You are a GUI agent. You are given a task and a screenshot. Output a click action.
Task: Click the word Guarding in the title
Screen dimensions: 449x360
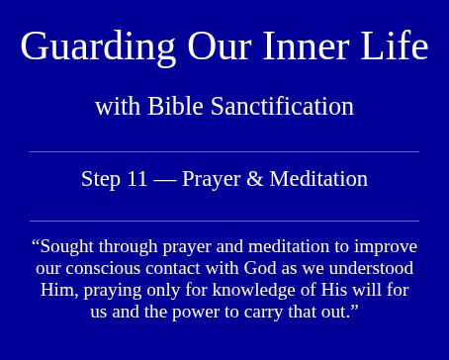point(98,47)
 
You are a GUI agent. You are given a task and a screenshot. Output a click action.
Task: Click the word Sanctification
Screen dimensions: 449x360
point(282,106)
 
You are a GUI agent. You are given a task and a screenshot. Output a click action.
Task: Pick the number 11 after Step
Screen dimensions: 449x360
point(136,179)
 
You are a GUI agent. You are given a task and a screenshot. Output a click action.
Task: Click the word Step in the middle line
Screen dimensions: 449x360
point(101,180)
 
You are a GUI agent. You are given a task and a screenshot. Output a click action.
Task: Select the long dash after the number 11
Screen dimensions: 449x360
point(164,181)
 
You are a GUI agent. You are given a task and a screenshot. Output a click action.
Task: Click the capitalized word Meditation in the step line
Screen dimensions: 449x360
point(318,179)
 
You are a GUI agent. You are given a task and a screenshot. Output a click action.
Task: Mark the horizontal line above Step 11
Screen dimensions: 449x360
point(224,152)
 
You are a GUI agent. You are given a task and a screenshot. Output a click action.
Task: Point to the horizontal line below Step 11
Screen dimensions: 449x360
point(224,221)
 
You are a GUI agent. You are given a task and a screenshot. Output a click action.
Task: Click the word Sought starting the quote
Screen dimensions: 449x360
point(67,247)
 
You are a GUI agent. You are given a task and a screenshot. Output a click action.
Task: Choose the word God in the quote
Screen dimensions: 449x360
point(260,268)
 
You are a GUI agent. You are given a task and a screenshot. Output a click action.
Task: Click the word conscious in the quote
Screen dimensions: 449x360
point(103,269)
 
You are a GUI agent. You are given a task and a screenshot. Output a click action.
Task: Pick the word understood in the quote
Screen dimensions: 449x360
point(371,268)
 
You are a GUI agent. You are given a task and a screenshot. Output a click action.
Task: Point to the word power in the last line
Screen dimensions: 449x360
point(196,313)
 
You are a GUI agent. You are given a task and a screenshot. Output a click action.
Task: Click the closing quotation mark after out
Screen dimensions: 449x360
point(354,308)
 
